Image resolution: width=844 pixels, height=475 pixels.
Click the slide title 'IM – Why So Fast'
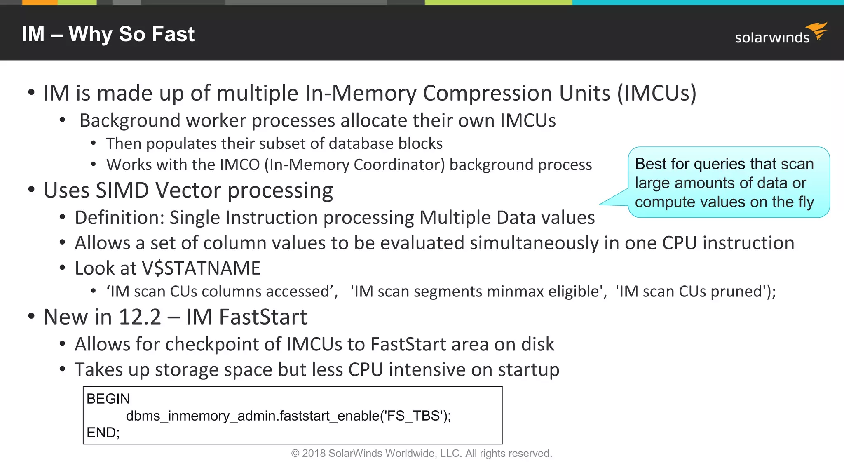[x=108, y=34]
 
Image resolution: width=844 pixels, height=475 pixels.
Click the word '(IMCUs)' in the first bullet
[x=656, y=93]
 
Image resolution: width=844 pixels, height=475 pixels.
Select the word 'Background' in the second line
[x=130, y=120]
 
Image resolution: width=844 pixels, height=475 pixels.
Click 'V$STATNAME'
[x=201, y=268]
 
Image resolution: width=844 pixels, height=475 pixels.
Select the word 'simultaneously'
[x=534, y=243]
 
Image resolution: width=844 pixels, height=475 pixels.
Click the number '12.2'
[x=139, y=317]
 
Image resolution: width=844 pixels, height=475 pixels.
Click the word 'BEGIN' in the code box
[x=108, y=399]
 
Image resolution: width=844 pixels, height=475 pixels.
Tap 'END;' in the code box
[x=103, y=433]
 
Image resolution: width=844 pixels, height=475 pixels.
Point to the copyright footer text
[x=422, y=454]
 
